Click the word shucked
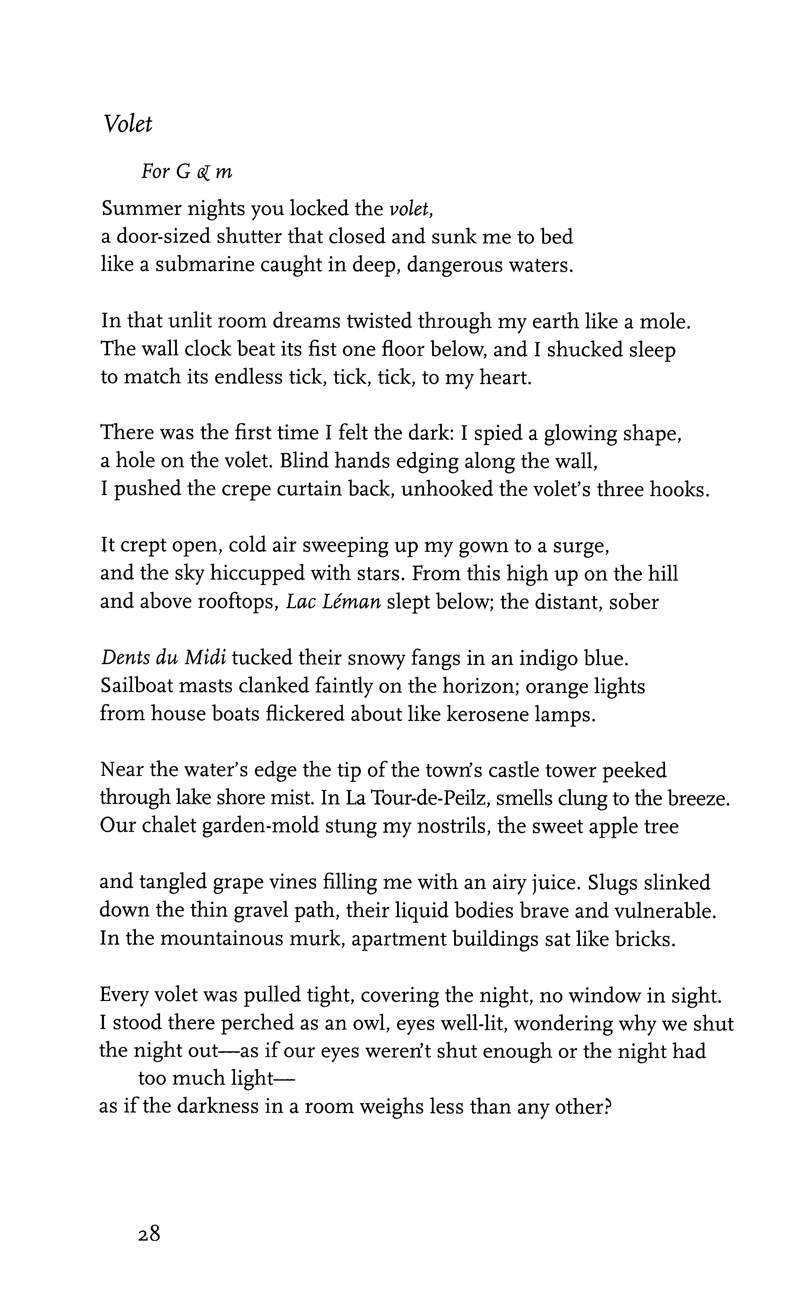click(581, 350)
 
